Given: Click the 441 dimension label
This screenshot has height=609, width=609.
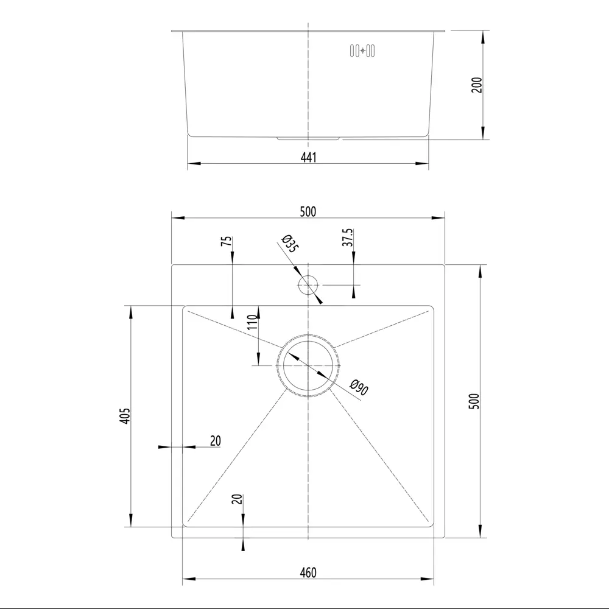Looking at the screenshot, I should [308, 157].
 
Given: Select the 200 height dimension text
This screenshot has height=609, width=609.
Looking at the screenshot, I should [477, 85].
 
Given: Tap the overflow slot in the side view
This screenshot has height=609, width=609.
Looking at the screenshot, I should [362, 51].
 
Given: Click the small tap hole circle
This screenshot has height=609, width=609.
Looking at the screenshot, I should [308, 284].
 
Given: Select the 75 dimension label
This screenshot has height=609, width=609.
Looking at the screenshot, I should [227, 241].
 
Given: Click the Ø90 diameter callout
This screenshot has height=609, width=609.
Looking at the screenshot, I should [359, 387].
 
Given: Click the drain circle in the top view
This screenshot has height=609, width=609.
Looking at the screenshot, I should [308, 365].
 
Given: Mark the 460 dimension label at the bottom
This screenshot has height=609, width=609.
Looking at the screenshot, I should [308, 573].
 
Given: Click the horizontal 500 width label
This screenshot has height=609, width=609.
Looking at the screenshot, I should [308, 211].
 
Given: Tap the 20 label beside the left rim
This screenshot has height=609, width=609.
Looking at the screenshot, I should [215, 441].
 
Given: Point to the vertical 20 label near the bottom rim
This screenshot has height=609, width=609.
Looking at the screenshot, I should [238, 499].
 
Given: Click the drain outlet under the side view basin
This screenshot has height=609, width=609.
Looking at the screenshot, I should [308, 138].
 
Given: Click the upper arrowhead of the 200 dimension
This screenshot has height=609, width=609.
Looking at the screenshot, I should [483, 36].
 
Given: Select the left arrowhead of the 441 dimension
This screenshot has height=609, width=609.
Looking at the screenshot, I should [193, 163].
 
